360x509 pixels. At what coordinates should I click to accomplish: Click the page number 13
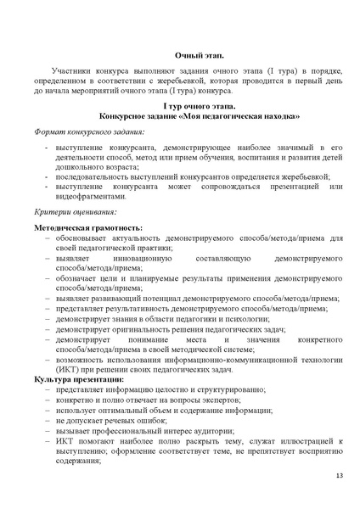point(339,475)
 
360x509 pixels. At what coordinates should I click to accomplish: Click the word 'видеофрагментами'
point(91,195)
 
